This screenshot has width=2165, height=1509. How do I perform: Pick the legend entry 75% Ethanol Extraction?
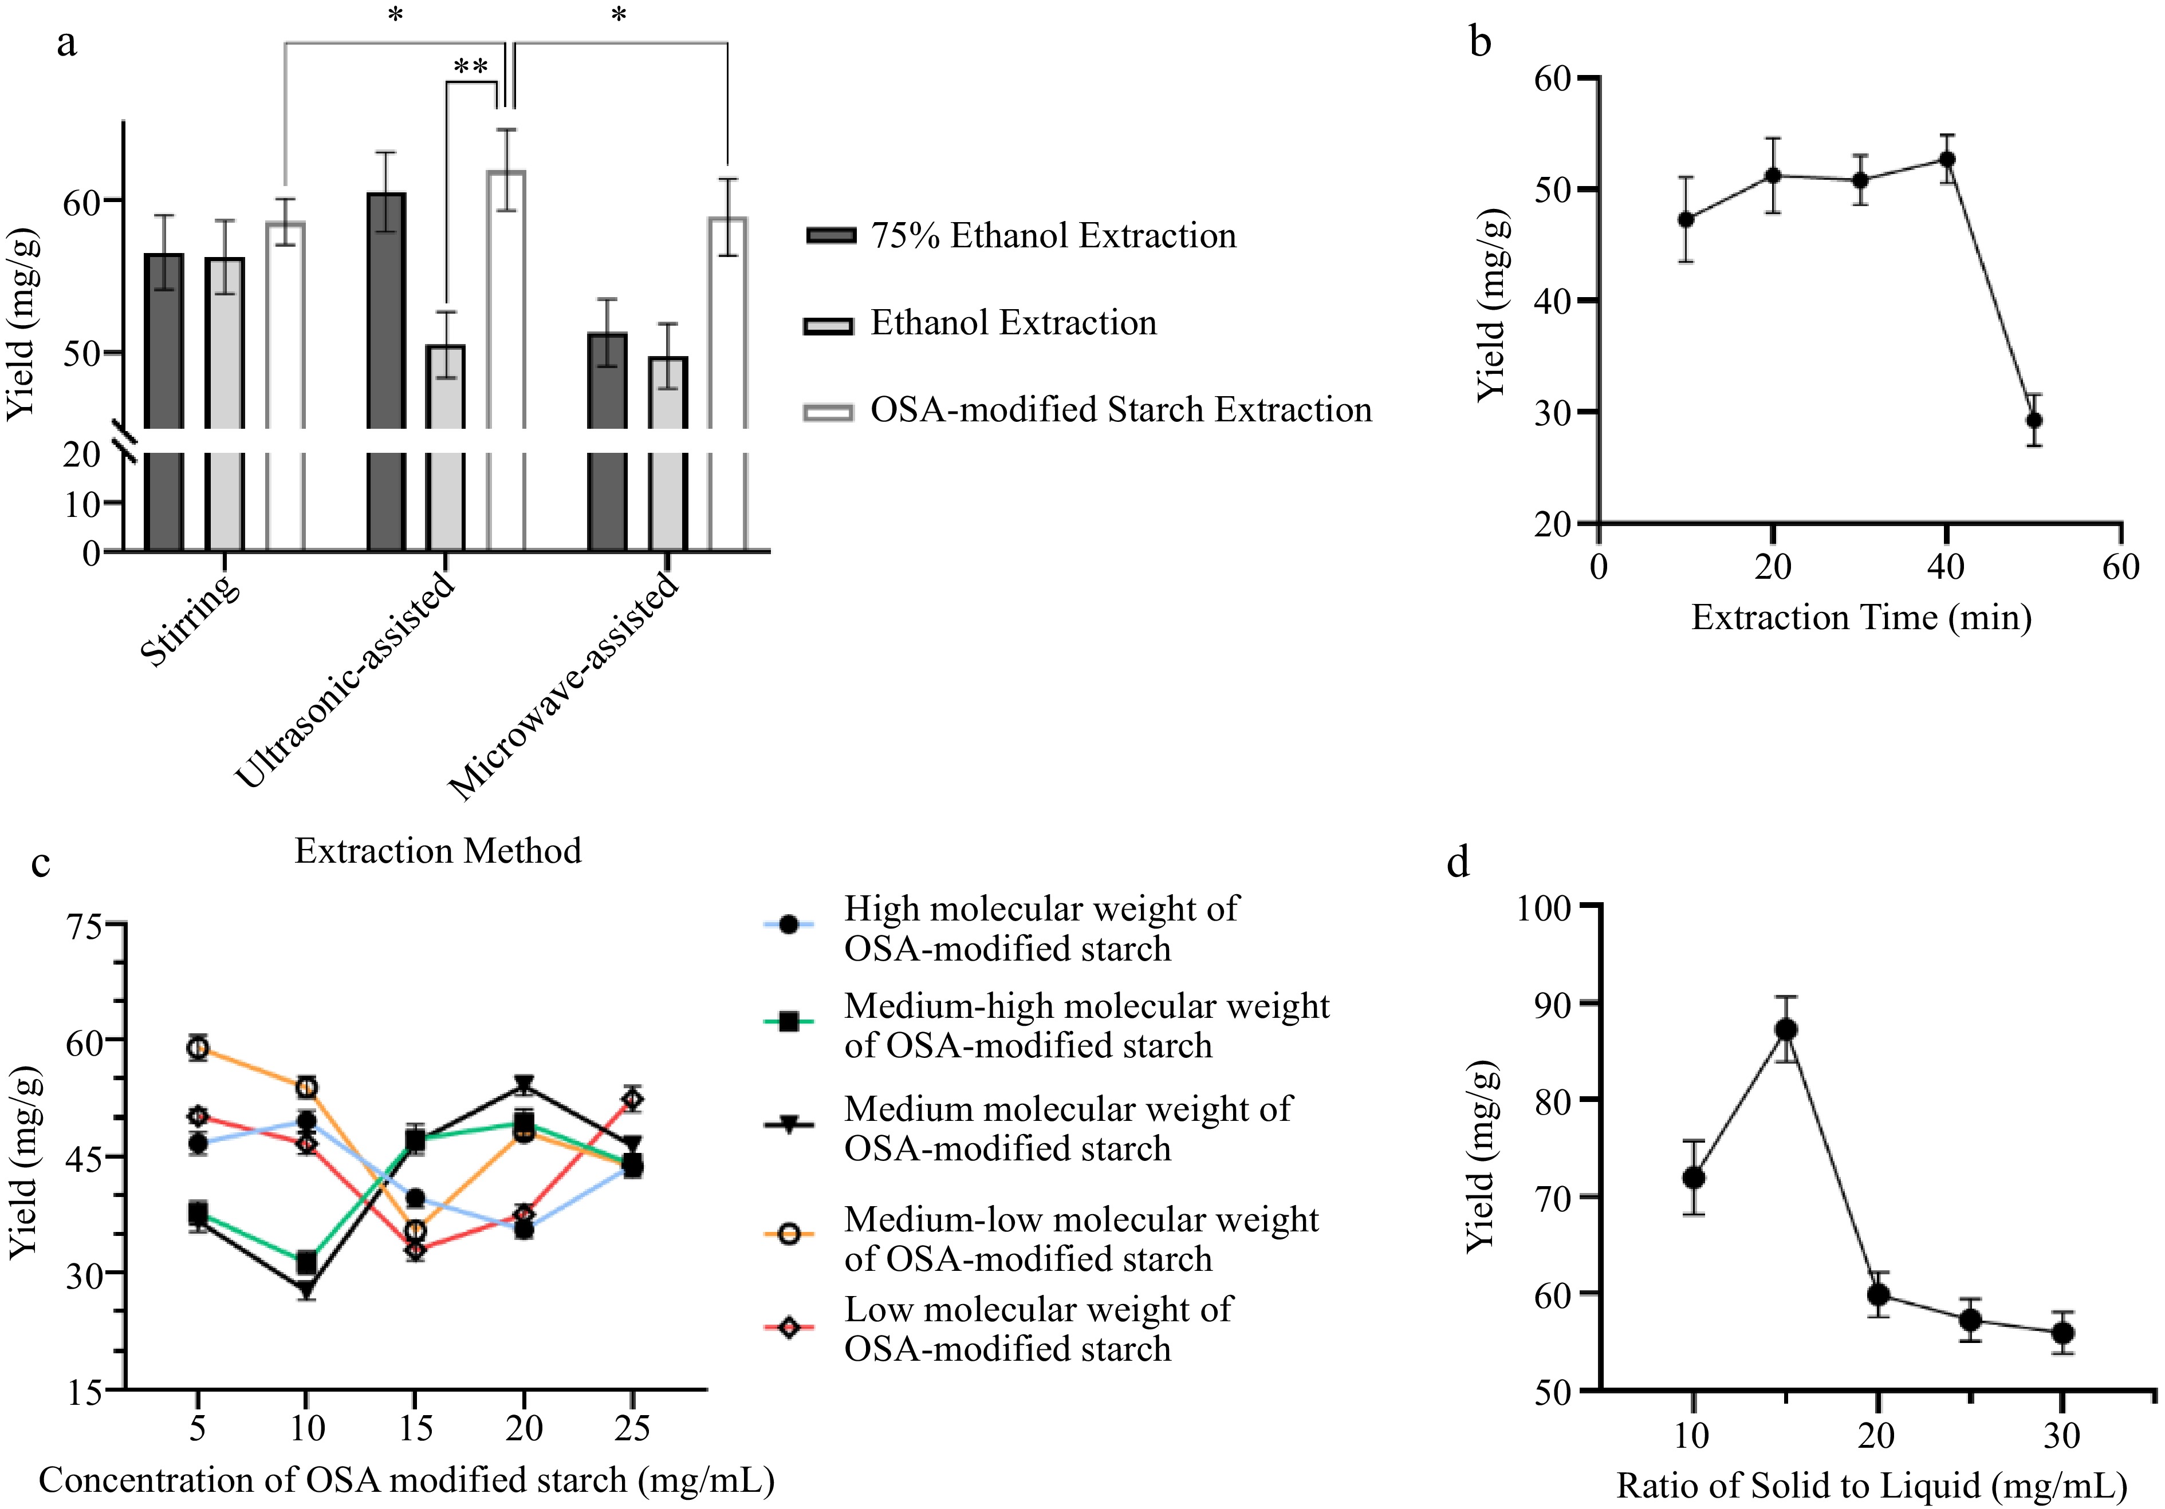tap(1052, 236)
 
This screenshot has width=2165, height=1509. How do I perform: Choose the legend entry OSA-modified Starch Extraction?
tap(1119, 410)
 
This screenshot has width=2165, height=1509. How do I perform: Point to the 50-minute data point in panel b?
tap(2034, 420)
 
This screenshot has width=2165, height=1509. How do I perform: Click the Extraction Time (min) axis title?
tap(1860, 617)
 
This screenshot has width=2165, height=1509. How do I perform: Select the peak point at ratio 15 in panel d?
tap(1785, 1029)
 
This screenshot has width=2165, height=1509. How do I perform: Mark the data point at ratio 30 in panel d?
tap(2062, 1333)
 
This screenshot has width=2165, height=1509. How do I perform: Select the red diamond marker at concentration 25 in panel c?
tap(633, 1099)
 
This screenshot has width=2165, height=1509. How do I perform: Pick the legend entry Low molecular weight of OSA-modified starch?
tap(1037, 1329)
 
